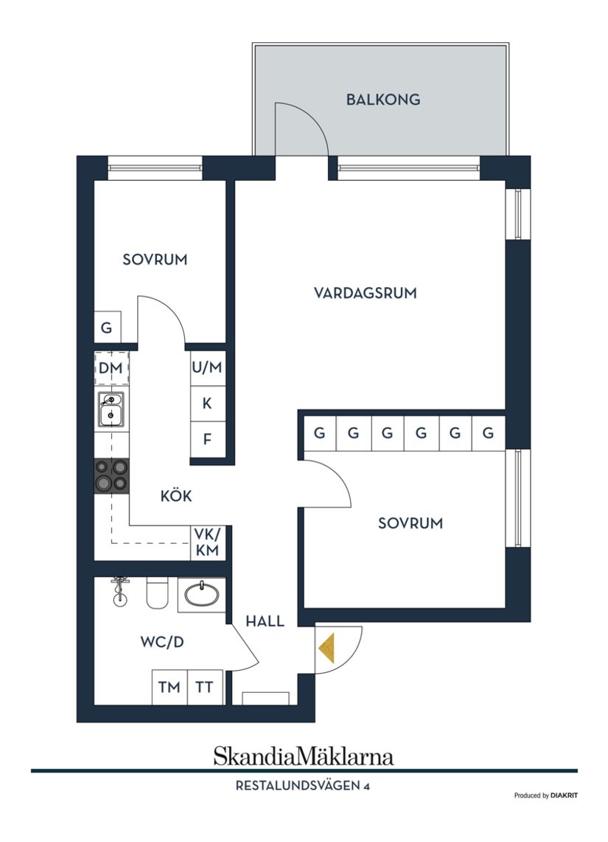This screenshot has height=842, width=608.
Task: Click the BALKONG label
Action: [383, 100]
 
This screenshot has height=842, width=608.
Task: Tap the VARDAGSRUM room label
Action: [366, 293]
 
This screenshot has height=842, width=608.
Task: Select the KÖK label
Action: [176, 497]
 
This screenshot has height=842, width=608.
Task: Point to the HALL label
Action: [265, 621]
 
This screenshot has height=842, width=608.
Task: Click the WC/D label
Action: [162, 642]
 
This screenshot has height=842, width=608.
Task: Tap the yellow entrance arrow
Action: [327, 648]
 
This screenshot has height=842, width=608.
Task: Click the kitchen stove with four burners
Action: [111, 476]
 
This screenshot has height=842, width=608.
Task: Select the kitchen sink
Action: [111, 410]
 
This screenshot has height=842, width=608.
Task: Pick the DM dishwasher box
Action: [111, 367]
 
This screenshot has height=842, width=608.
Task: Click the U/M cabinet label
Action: [207, 367]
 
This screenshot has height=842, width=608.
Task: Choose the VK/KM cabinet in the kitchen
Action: [207, 542]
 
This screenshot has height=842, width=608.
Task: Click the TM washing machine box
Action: [170, 687]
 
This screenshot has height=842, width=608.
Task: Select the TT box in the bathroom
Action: [204, 687]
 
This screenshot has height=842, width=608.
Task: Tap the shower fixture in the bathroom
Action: [118, 590]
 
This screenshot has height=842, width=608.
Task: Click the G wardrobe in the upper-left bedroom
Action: [107, 328]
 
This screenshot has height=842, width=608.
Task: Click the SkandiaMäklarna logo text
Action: [304, 756]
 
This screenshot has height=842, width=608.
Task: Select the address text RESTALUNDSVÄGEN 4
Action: [302, 787]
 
